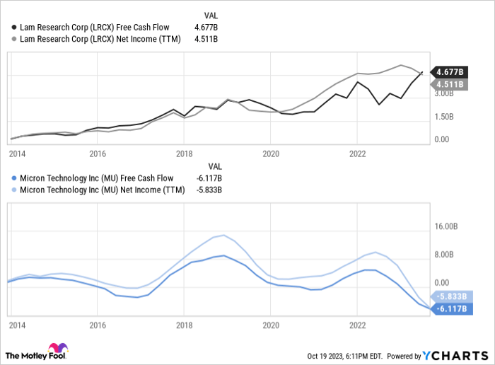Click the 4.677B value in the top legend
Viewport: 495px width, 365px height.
pyautogui.click(x=206, y=26)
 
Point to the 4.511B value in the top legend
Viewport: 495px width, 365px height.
pyautogui.click(x=206, y=39)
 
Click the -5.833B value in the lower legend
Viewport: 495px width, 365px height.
pyautogui.click(x=209, y=190)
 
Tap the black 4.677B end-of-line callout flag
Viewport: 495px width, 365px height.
pyautogui.click(x=449, y=72)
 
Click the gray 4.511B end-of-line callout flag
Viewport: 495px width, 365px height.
pyautogui.click(x=449, y=84)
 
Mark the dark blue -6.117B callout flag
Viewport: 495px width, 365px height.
pyautogui.click(x=449, y=309)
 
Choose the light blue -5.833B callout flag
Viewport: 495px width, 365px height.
pyautogui.click(x=449, y=297)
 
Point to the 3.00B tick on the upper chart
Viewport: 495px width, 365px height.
pyautogui.click(x=444, y=93)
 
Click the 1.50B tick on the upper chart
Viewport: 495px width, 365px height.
pyautogui.click(x=444, y=117)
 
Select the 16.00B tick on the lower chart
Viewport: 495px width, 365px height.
pyautogui.click(x=445, y=227)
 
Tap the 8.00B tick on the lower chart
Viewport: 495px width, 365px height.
pyautogui.click(x=444, y=254)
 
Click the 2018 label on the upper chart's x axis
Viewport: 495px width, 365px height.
pyautogui.click(x=184, y=153)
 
